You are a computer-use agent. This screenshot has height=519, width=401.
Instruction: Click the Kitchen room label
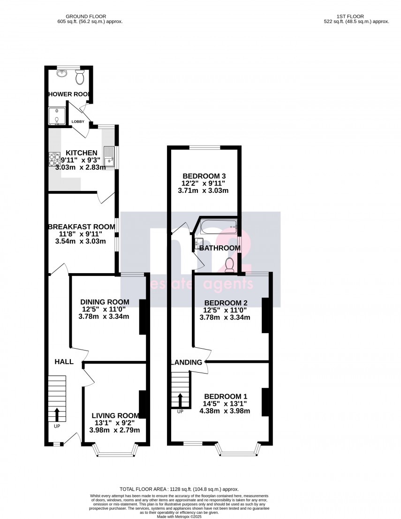tap(82, 153)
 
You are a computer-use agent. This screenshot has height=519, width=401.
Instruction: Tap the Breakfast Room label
tap(81, 227)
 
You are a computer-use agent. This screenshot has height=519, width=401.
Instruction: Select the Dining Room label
tap(105, 302)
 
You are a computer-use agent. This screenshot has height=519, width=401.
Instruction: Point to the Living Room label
tap(115, 415)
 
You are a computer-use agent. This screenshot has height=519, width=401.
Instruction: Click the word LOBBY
tap(78, 122)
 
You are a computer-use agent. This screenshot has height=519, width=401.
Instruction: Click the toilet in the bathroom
tap(230, 265)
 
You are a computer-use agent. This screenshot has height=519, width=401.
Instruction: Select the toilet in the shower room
tap(79, 76)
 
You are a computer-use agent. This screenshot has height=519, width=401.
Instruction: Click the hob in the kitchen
tap(54, 160)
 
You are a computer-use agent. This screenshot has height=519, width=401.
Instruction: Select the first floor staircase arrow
tap(181, 400)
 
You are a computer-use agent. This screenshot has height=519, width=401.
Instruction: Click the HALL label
tap(64, 362)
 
